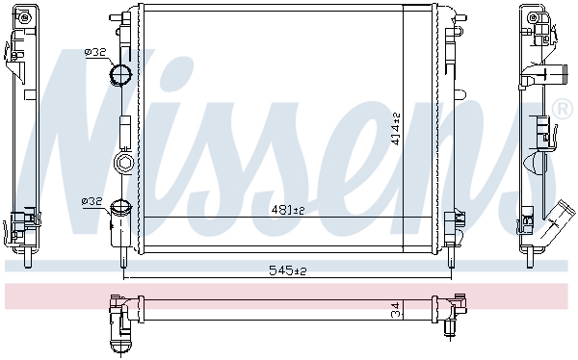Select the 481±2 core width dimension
pyautogui.click(x=286, y=210)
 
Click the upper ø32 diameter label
pyautogui.click(x=95, y=52)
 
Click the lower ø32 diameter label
pyautogui.click(x=92, y=201)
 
